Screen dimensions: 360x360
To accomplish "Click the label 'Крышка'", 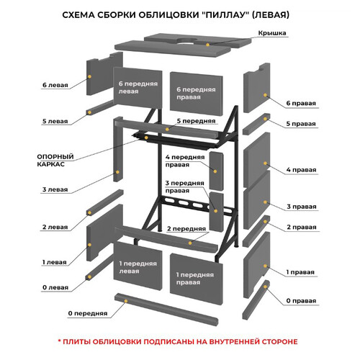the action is (x=272, y=33).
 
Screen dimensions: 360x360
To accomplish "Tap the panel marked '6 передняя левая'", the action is (x=138, y=88).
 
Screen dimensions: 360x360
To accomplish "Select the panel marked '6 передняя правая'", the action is (x=197, y=94).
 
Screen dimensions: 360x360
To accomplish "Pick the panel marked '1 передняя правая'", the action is (x=197, y=279).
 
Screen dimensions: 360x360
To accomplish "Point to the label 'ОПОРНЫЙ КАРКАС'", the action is (x=55, y=161).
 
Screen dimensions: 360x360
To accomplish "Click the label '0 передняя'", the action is (x=88, y=313).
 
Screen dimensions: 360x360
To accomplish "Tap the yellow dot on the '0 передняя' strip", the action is (x=125, y=301).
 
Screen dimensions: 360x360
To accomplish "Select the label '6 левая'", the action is (x=55, y=85).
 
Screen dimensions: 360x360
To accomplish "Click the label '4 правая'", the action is (x=301, y=170).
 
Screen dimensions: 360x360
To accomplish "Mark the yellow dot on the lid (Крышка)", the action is (x=207, y=45).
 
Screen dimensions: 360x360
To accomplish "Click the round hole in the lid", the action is (x=186, y=41).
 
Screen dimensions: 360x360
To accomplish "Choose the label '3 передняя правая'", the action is (x=184, y=186).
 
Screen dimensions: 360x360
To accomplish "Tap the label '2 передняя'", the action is (x=186, y=229).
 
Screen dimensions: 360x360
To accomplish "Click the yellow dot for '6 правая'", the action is (x=265, y=95).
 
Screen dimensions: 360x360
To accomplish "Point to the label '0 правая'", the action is (x=301, y=301).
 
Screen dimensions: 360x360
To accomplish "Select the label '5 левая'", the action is (x=55, y=121).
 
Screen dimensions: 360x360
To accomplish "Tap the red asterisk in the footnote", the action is (x=60, y=341).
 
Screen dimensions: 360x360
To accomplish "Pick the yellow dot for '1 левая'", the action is (x=89, y=245).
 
